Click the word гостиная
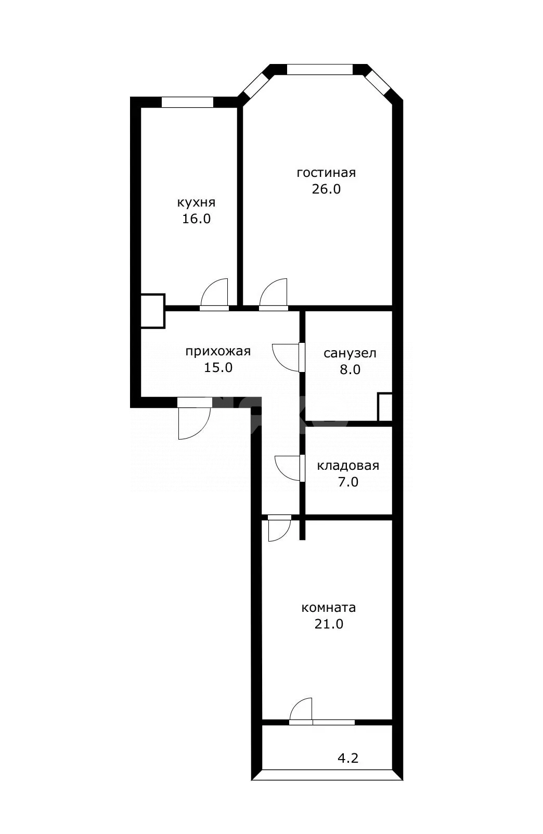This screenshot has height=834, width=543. (x=326, y=173)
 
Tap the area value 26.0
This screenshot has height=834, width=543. (x=326, y=189)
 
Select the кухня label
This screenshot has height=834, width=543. (x=196, y=203)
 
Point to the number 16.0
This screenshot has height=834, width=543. (x=196, y=219)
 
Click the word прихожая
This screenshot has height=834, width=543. (x=218, y=352)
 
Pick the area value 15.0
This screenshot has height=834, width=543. (x=218, y=368)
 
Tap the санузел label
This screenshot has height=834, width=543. (x=350, y=353)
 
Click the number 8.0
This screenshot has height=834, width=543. (x=350, y=370)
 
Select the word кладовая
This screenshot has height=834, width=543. (x=348, y=466)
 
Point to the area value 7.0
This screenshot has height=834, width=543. (x=348, y=482)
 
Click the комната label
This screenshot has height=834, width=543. (x=328, y=608)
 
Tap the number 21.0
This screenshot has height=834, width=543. (x=329, y=624)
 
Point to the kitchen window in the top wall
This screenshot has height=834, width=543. (x=187, y=102)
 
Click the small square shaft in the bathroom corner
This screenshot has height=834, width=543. (x=385, y=407)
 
